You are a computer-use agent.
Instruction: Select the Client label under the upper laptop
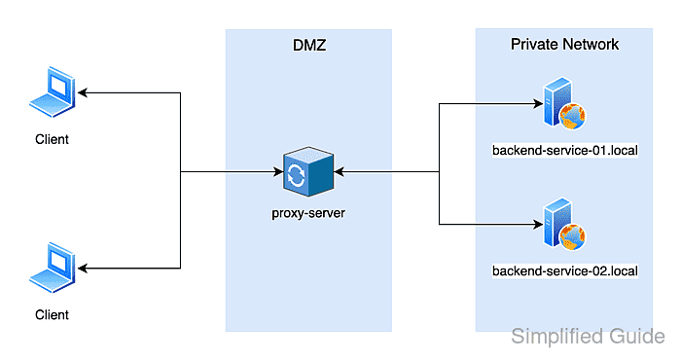52,139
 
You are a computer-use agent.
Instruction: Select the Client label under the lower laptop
52,314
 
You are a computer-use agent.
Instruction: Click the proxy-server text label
308,212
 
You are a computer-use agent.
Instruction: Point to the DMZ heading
308,45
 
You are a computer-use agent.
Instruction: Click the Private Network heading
564,45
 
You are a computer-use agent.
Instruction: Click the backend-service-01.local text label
565,153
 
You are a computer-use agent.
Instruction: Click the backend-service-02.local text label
565,270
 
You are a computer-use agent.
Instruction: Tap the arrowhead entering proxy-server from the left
275,174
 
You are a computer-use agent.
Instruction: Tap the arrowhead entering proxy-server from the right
341,174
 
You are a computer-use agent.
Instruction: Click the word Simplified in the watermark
559,338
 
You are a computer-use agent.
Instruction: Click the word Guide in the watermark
638,338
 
